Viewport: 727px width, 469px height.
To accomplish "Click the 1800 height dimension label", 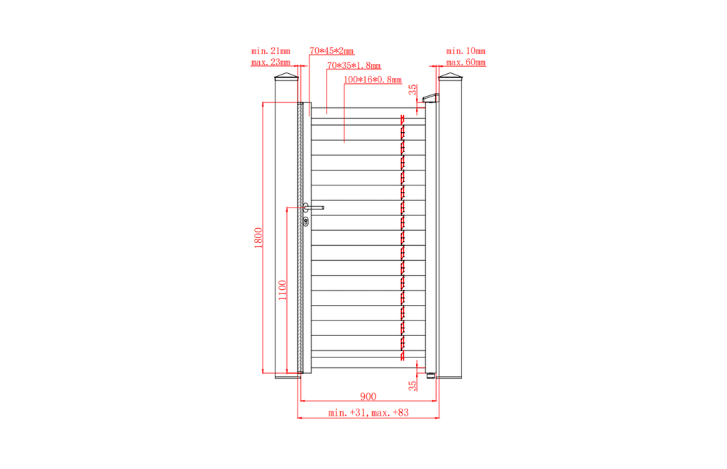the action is point(258,238).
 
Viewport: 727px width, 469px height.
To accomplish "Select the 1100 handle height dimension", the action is point(283,290).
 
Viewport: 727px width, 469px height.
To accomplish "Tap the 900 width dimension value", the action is point(368,397).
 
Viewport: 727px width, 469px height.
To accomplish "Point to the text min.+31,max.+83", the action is point(368,412).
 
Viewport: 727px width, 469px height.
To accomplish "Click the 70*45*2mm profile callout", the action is point(332,50).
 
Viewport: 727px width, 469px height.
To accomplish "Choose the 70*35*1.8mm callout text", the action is point(354,65).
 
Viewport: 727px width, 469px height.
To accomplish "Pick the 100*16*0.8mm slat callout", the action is point(373,80).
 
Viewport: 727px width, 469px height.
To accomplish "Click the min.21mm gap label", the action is point(270,50).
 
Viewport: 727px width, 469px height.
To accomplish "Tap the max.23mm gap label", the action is point(270,62).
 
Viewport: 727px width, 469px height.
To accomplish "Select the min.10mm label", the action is point(466,50).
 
